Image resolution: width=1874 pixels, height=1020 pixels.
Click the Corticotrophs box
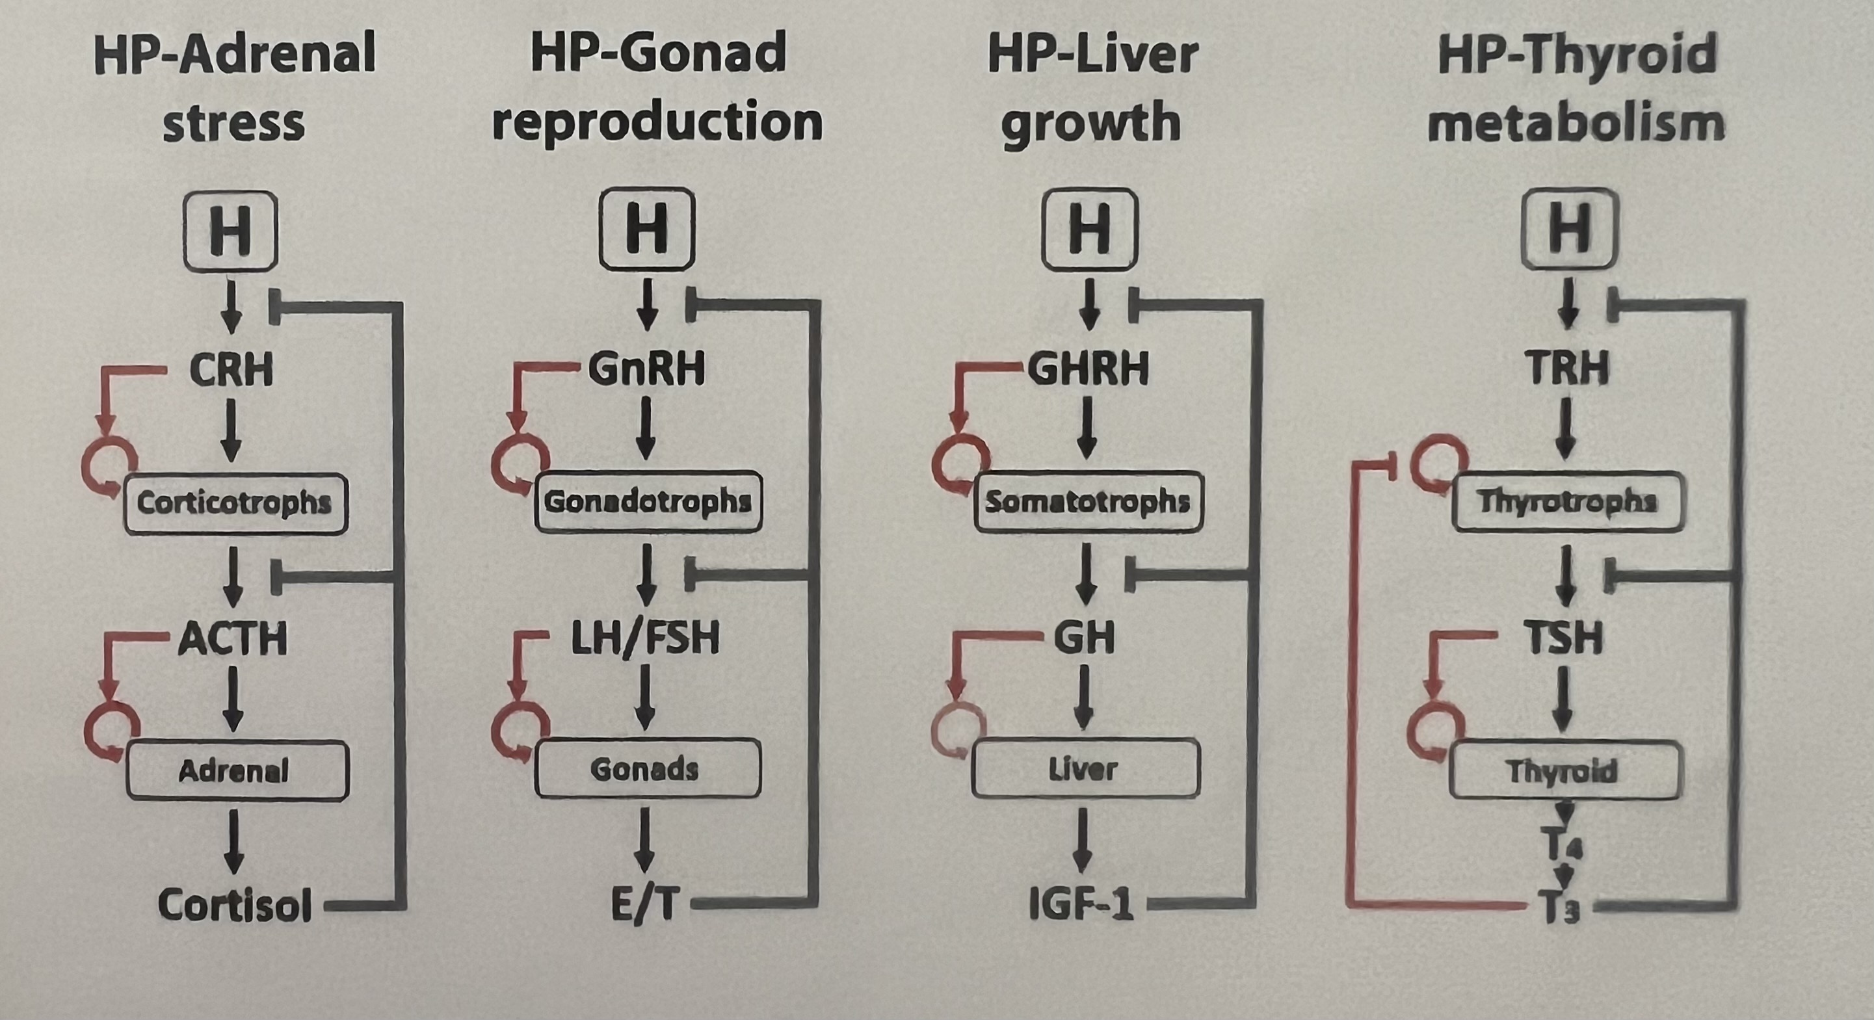click(235, 503)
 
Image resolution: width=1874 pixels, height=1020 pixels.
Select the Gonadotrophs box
click(648, 501)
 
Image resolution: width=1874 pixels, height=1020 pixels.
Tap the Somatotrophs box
click(1088, 501)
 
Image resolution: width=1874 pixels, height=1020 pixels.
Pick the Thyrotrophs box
click(1567, 501)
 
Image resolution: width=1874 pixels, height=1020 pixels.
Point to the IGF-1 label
click(1082, 906)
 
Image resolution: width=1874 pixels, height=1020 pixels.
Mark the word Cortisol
click(235, 906)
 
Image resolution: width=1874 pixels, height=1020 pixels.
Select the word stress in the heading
click(233, 122)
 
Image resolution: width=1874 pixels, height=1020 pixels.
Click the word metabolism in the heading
click(1576, 122)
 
